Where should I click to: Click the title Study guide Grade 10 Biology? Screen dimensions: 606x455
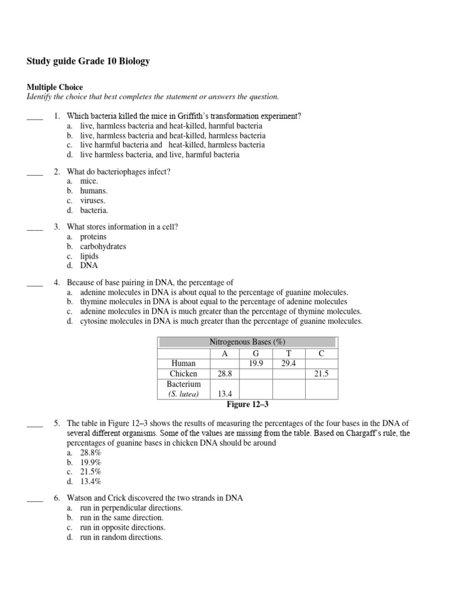pos(88,62)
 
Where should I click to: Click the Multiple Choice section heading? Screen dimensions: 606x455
pos(55,87)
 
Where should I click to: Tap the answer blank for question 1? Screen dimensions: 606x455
pos(35,117)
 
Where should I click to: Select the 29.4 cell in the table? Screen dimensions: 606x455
pos(289,363)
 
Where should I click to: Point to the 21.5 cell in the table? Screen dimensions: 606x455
pos(321,374)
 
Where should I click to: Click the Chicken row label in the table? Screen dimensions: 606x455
pos(183,374)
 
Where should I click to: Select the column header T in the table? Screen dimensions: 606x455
pos(289,353)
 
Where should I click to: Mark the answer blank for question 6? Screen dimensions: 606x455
pos(35,498)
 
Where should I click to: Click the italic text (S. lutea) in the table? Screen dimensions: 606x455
pos(183,394)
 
